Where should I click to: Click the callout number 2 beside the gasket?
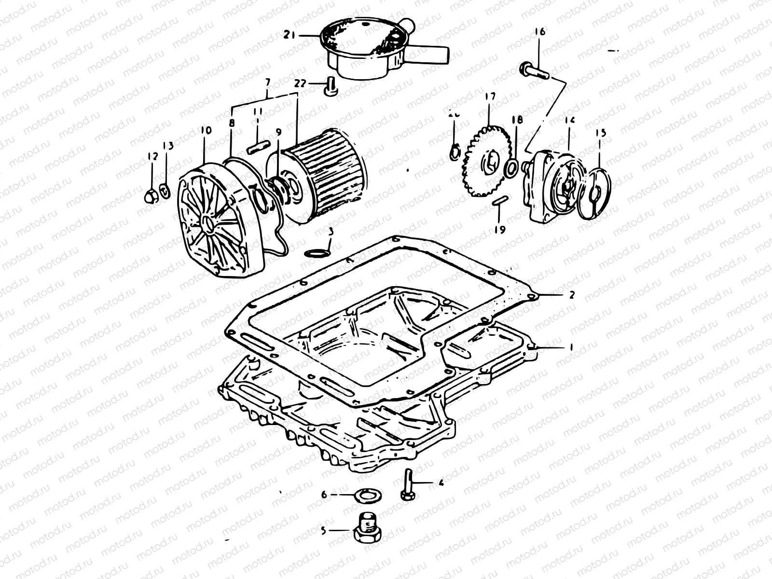click(572, 295)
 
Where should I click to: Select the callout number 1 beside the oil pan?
click(571, 347)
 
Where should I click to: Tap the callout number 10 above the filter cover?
click(206, 130)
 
